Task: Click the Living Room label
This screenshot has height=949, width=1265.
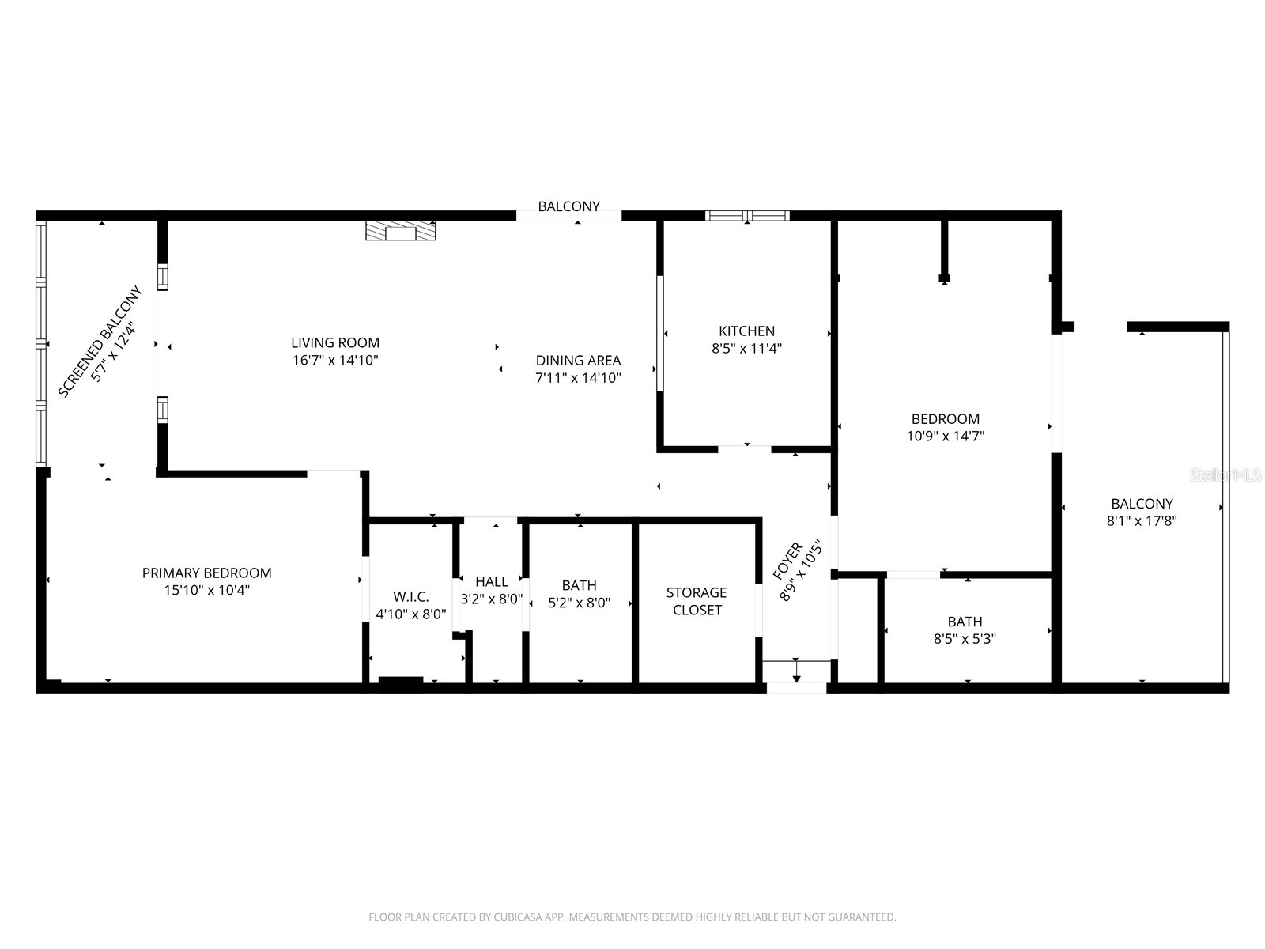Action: coord(335,342)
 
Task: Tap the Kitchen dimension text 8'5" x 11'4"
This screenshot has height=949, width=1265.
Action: coord(746,349)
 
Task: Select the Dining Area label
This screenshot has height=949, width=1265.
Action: coord(578,361)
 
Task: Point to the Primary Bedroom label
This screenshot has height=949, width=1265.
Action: coord(206,573)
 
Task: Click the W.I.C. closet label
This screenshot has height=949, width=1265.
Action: coord(410,597)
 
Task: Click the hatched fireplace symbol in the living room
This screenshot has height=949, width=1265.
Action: coord(400,230)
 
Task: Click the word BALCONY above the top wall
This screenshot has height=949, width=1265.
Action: coord(568,206)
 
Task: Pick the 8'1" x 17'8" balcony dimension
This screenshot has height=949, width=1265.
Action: coord(1142,521)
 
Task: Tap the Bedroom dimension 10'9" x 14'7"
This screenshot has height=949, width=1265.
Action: coord(945,436)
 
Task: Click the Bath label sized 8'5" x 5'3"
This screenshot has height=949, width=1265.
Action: coord(965,622)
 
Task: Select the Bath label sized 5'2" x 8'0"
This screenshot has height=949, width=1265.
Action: coord(579,585)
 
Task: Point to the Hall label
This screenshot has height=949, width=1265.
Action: coord(491,582)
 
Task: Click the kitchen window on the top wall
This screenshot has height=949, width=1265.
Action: coord(747,215)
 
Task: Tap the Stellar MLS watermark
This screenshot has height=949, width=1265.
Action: coord(1226,475)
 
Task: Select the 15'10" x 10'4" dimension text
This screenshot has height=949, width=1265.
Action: coord(206,590)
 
